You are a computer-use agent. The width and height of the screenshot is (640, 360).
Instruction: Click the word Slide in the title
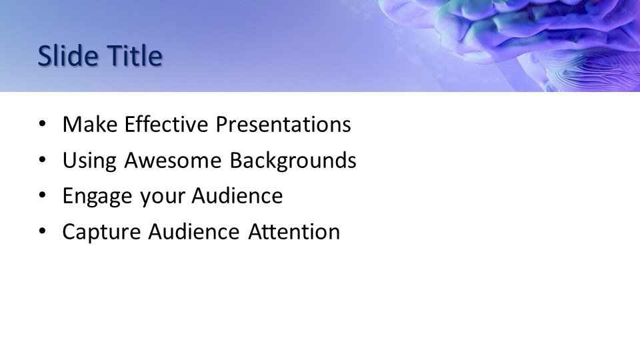(68, 55)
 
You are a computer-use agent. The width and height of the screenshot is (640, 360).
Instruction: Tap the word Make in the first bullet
(90, 124)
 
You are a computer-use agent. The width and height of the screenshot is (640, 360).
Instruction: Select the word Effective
(167, 124)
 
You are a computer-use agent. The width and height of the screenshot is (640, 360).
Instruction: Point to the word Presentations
(283, 124)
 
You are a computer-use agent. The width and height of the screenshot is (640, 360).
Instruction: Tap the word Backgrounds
(293, 160)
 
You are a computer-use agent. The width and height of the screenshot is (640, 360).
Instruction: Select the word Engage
(97, 197)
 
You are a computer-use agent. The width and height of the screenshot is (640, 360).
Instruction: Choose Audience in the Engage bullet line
(237, 195)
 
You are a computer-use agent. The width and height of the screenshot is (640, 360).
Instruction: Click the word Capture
(101, 233)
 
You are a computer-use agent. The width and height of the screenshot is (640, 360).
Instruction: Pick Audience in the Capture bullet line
(194, 231)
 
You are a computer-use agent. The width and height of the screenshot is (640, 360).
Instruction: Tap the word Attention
(294, 231)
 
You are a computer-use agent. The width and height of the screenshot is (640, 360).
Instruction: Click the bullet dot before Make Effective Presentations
(43, 124)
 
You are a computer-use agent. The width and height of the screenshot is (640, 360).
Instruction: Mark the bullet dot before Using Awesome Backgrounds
(43, 160)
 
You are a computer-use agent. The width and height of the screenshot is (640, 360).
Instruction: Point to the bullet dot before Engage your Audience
(43, 196)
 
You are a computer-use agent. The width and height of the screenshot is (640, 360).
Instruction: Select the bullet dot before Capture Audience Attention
(43, 232)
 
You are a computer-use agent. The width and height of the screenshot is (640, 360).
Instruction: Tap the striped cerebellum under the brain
(592, 71)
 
